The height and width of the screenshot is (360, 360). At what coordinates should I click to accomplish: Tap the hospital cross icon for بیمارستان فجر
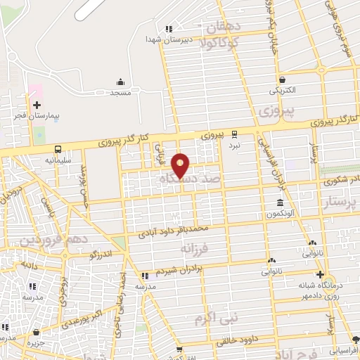[x=37, y=105]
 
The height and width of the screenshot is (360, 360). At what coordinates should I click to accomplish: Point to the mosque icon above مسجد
[x=120, y=82]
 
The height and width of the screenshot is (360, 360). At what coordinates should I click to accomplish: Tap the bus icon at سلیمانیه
[x=58, y=149]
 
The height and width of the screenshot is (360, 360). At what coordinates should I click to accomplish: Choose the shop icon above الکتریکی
[x=282, y=80]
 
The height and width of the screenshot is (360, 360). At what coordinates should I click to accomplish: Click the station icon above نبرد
[x=234, y=134]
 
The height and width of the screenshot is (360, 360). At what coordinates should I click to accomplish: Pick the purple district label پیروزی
[x=274, y=111]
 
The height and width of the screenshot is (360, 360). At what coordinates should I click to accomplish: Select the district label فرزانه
[x=195, y=248]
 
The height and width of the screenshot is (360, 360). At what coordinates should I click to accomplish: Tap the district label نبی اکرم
[x=218, y=319]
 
